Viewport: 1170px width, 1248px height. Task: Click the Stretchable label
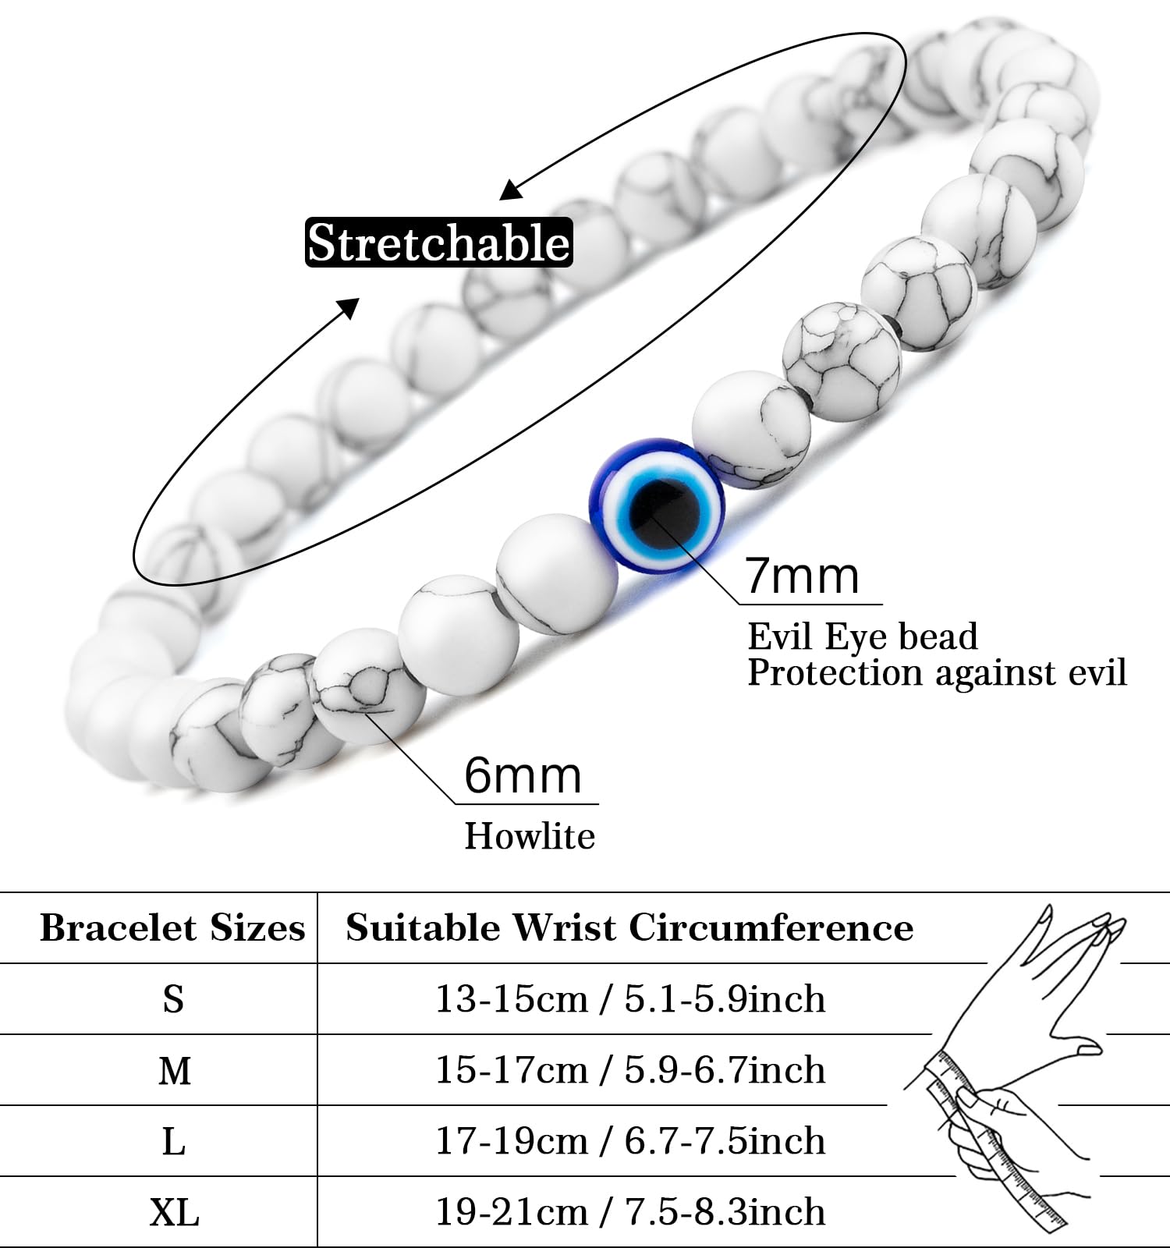(x=439, y=243)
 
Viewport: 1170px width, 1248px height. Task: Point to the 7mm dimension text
(x=802, y=576)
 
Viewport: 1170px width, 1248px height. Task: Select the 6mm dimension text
(x=523, y=776)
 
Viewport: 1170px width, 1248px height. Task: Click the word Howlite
(x=530, y=837)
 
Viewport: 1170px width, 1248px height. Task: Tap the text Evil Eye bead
(x=862, y=636)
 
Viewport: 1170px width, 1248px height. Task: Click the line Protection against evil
(x=937, y=672)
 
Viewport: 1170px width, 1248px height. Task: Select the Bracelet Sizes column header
(x=172, y=928)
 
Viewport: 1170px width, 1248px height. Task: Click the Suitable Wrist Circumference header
(x=629, y=928)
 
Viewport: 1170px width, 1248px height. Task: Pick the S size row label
(x=173, y=999)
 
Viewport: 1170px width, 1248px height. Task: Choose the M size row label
(x=174, y=1071)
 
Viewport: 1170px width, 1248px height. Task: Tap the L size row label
(x=173, y=1142)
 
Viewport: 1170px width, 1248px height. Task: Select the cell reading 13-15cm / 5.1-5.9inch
(x=629, y=999)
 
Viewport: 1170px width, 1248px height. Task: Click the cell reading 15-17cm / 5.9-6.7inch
(x=629, y=1070)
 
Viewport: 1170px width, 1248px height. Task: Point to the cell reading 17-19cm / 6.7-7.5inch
(x=629, y=1141)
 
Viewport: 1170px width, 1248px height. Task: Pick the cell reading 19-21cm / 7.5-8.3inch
(x=629, y=1212)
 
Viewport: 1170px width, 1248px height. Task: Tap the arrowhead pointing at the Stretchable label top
(x=511, y=190)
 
